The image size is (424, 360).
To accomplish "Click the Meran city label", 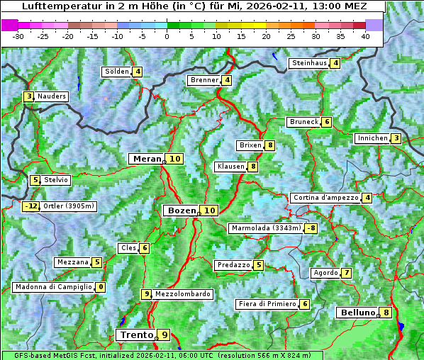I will (147, 159).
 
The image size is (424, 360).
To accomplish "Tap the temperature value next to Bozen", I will (209, 210).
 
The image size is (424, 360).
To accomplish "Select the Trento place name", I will (136, 334).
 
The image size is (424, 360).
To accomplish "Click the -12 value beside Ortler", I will (31, 206).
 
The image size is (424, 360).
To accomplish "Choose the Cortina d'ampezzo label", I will (325, 198).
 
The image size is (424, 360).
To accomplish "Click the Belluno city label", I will (357, 313).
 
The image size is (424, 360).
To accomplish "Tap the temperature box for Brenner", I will (227, 80).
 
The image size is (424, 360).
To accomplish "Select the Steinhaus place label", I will (309, 63).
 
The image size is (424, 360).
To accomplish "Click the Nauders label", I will (51, 96).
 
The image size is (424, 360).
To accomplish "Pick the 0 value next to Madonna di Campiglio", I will (101, 287).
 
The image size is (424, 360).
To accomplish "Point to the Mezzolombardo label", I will (182, 294).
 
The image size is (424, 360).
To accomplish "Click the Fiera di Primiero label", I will (267, 304).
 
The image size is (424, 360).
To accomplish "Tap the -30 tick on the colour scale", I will (18, 36).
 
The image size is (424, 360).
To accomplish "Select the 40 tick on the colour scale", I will (365, 36).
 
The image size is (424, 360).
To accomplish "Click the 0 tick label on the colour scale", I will (167, 36).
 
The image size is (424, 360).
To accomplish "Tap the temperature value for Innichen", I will (396, 138).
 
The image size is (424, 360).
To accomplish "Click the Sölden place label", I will (117, 72).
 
